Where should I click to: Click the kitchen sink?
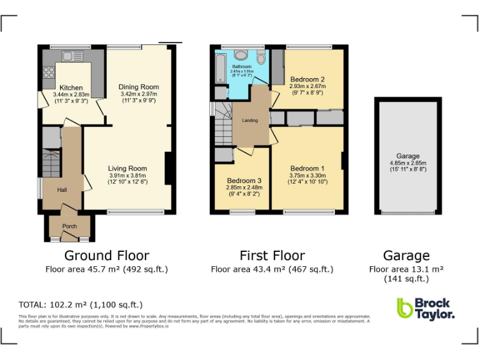click(67, 56)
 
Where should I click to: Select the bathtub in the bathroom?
click(220, 69)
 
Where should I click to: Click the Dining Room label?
click(139, 87)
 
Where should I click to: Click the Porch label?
click(69, 226)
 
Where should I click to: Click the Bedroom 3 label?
click(244, 181)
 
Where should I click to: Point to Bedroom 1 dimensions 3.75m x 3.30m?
click(307, 176)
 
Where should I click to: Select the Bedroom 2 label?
click(307, 79)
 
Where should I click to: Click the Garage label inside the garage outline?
click(407, 156)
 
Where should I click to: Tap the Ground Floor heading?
click(107, 256)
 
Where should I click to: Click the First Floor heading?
click(272, 256)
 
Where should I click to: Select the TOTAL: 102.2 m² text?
click(81, 305)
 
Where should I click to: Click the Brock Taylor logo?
click(425, 309)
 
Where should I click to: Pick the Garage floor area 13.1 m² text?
click(406, 269)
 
